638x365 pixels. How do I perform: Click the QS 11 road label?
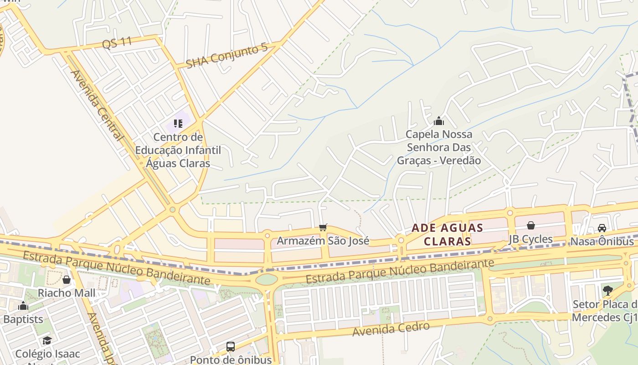(x=117, y=43)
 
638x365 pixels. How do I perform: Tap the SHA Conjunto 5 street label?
(x=226, y=56)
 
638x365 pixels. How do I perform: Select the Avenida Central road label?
(x=97, y=105)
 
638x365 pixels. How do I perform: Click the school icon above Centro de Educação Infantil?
(x=178, y=123)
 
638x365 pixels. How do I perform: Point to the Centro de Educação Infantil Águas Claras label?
(x=178, y=150)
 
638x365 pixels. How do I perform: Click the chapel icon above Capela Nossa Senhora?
(x=439, y=121)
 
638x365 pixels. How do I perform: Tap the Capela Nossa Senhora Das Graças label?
(x=439, y=147)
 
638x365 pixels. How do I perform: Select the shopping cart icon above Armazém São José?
(x=323, y=227)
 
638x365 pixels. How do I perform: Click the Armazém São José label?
(x=323, y=240)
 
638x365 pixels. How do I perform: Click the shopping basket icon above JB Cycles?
(x=530, y=225)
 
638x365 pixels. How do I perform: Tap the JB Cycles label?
(x=530, y=239)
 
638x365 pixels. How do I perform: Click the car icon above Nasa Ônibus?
(x=602, y=228)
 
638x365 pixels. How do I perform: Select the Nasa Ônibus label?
(x=602, y=241)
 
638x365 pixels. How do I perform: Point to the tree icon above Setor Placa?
(x=607, y=290)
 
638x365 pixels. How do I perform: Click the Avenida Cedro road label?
(x=391, y=328)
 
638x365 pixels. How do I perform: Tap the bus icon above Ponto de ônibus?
(x=231, y=346)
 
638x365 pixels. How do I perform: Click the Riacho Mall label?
(x=67, y=293)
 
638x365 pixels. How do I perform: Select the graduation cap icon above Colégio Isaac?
(x=47, y=340)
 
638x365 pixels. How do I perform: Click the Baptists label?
(x=23, y=319)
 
